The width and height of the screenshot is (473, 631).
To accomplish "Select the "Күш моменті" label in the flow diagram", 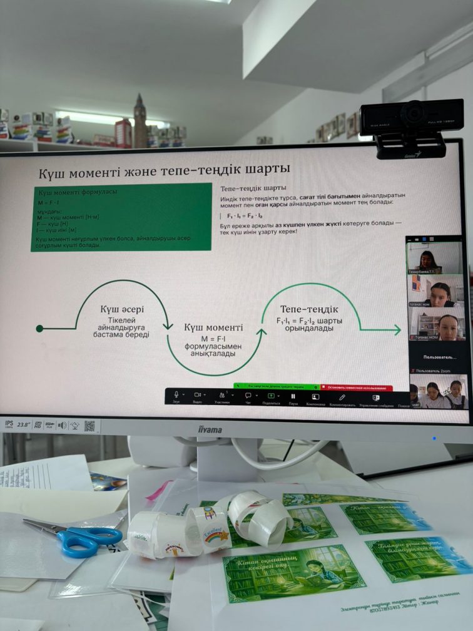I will pos(213,327).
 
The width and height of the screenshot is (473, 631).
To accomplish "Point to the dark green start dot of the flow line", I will pos(40,328).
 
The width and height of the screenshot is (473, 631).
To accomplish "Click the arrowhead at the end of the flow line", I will pos(396,330).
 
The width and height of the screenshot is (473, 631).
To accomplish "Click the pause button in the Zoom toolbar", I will pos(293,396).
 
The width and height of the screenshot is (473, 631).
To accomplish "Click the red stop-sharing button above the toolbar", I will pos(357,388).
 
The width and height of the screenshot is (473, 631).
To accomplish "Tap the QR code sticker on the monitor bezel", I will pos(89,426).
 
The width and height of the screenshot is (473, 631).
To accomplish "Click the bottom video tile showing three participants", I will pos(437,392).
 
